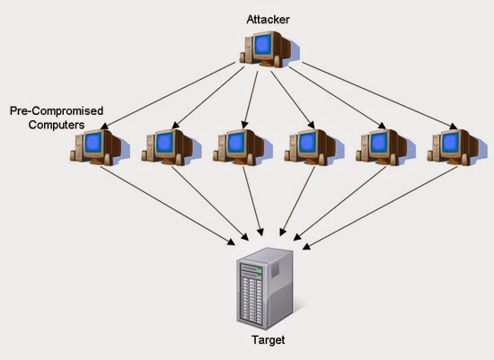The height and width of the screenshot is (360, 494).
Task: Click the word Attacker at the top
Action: click(x=268, y=20)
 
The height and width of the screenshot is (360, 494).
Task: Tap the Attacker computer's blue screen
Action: click(x=263, y=44)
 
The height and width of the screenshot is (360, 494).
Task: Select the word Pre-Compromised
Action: click(x=57, y=111)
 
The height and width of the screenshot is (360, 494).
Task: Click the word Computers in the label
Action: click(x=57, y=125)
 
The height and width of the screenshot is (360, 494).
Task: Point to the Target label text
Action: click(x=269, y=340)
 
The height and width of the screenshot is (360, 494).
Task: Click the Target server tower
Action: click(x=265, y=288)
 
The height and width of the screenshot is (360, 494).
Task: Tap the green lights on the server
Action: click(x=259, y=273)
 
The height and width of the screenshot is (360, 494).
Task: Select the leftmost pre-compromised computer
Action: click(x=98, y=147)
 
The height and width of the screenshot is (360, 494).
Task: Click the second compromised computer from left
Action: click(x=170, y=147)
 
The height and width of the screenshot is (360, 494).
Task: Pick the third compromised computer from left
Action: click(x=242, y=147)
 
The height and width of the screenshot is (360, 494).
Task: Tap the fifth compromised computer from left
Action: click(x=384, y=147)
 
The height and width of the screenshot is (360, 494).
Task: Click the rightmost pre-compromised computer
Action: click(x=456, y=147)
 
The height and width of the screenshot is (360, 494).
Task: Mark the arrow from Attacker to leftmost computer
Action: click(x=168, y=96)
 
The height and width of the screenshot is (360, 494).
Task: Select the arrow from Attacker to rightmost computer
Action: click(x=380, y=96)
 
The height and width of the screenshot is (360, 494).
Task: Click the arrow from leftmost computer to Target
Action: click(x=168, y=206)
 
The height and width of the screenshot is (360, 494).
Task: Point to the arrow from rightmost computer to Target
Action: click(x=380, y=208)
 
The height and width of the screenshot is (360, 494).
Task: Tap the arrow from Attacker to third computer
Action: click(x=251, y=100)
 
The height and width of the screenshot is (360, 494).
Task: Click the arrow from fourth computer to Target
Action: click(x=297, y=201)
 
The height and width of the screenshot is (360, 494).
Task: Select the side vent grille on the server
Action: click(x=275, y=269)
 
